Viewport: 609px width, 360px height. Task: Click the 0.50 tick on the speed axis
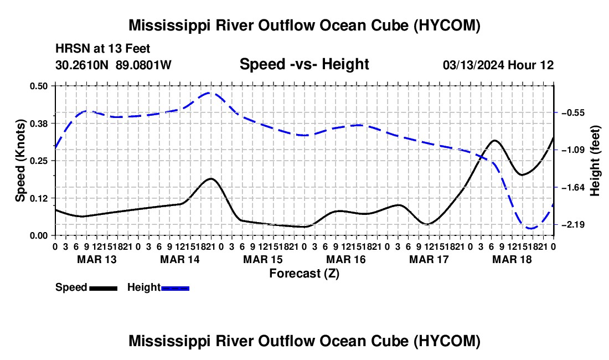click(x=38, y=86)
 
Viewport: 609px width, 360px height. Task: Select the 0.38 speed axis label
click(x=38, y=124)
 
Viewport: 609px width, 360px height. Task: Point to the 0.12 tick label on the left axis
click(x=38, y=198)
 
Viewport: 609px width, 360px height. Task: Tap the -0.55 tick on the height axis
click(x=573, y=112)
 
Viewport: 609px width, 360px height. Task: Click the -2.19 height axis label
click(x=573, y=224)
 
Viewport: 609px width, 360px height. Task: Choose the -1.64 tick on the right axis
click(x=573, y=188)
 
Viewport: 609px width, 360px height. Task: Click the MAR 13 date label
click(x=97, y=259)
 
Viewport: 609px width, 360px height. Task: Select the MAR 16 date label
click(x=345, y=259)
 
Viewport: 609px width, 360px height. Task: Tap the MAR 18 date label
click(x=512, y=259)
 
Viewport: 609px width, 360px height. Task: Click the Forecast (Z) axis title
click(x=304, y=274)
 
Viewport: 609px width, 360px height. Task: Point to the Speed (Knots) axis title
click(x=20, y=161)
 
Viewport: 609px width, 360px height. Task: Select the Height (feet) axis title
click(x=595, y=161)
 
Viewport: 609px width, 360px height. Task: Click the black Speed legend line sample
click(x=104, y=288)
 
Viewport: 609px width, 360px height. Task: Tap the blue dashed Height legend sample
click(x=175, y=288)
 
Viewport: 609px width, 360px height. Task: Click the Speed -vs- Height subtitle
click(x=304, y=64)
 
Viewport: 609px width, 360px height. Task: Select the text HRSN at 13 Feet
click(x=102, y=49)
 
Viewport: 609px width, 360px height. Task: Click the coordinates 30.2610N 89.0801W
click(x=113, y=65)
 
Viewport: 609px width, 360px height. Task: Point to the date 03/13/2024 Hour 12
click(x=498, y=65)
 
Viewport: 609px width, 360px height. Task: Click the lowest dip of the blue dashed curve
click(x=530, y=228)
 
